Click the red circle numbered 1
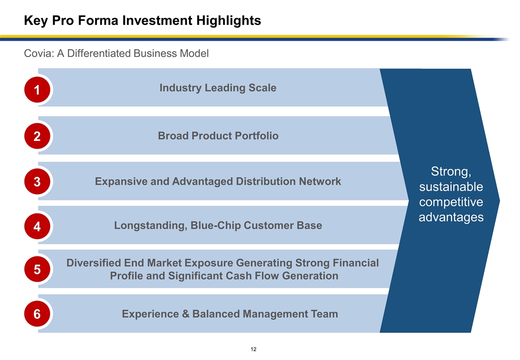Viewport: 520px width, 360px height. coord(37,90)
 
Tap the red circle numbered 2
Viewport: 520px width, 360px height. coord(37,136)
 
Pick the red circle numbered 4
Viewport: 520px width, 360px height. coord(37,226)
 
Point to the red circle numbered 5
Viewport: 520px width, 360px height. coord(37,269)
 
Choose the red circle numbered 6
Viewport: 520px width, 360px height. coord(37,314)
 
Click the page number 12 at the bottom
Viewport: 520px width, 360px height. coord(253,349)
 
